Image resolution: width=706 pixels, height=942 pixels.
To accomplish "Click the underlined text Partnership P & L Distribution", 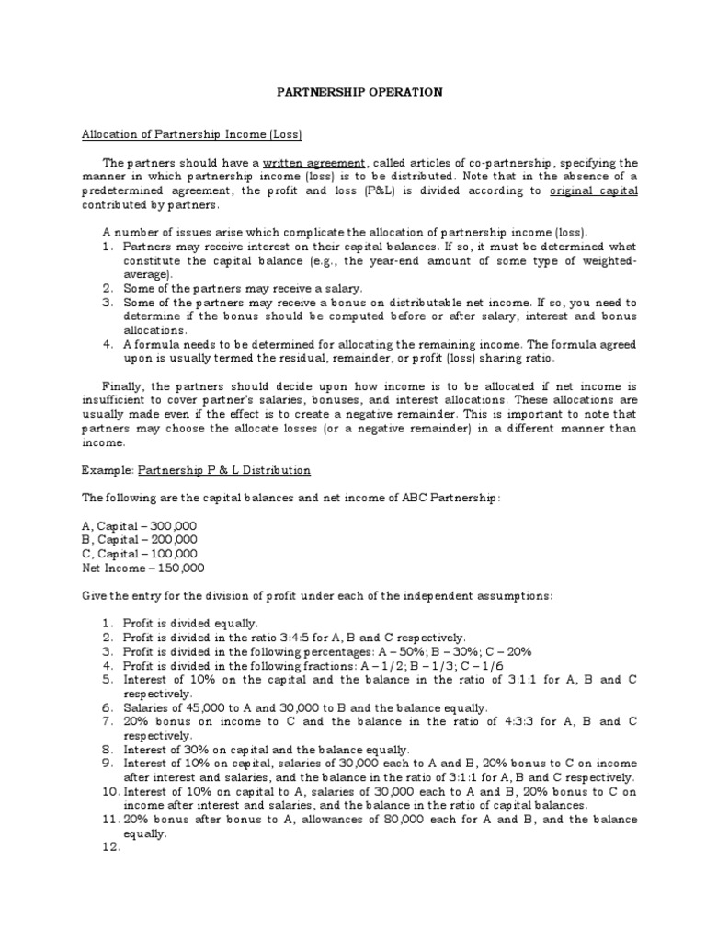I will [x=224, y=469].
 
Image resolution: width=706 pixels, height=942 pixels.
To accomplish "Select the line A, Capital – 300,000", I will [x=139, y=525].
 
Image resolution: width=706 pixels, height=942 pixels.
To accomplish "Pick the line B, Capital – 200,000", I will [x=139, y=540].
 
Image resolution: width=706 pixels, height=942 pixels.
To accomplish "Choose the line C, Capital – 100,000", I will [x=139, y=554].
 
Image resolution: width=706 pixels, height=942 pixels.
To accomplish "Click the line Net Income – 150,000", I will [x=143, y=568].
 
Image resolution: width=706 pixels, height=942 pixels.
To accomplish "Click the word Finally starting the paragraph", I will [x=121, y=386].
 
